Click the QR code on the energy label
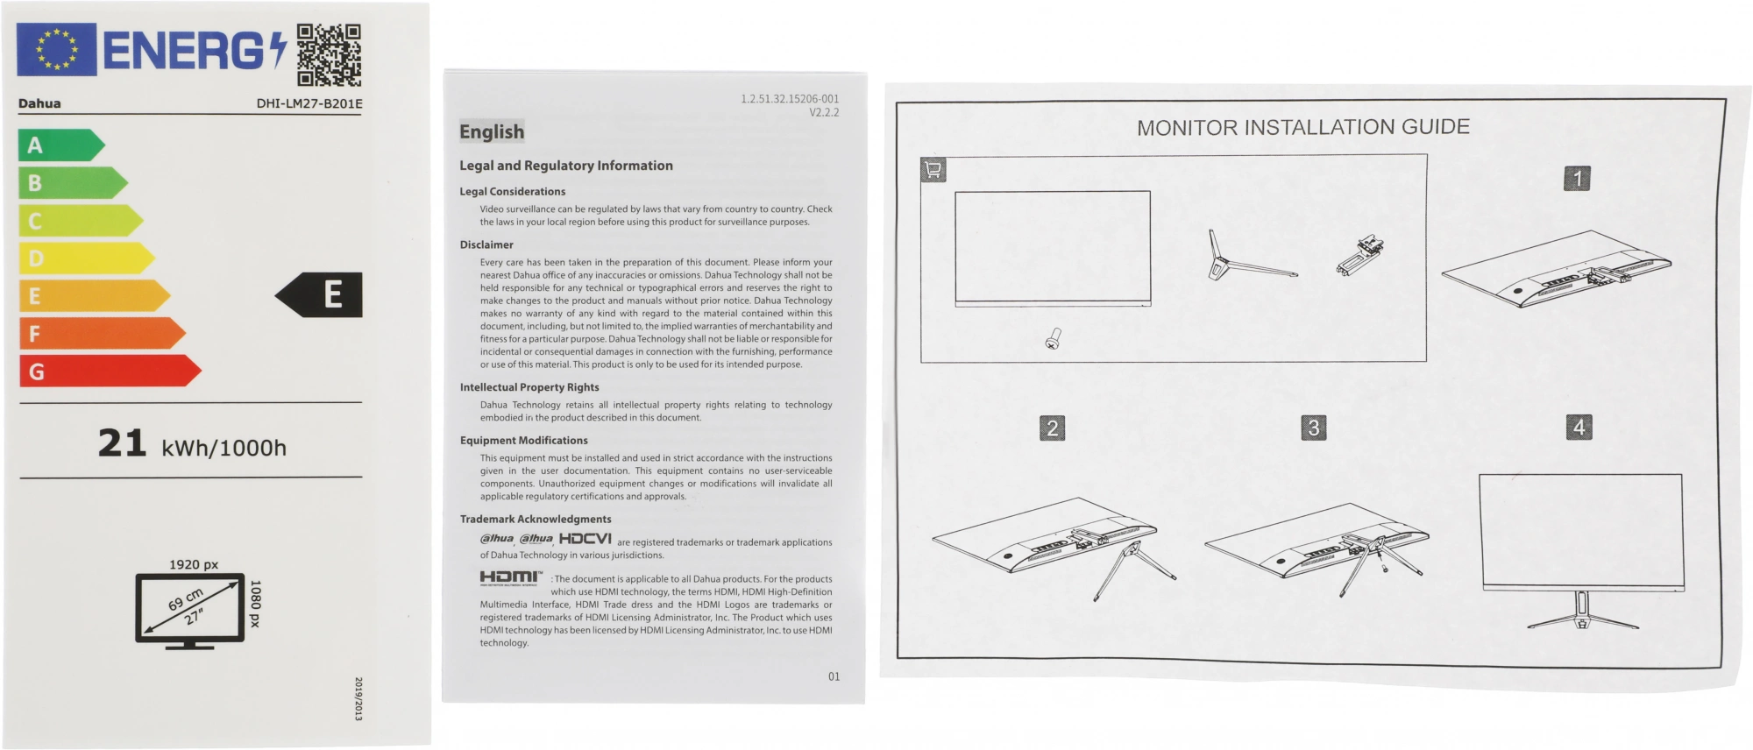point(329,54)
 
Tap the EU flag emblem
point(56,49)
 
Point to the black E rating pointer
point(320,295)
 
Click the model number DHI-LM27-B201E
point(309,103)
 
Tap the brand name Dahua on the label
point(39,103)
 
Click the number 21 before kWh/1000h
point(122,443)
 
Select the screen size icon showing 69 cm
point(189,609)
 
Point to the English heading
point(492,131)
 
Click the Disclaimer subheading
point(486,244)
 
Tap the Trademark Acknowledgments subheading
point(536,519)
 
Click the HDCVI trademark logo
point(585,539)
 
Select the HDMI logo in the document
point(511,577)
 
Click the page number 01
point(834,676)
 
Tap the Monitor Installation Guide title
point(1302,127)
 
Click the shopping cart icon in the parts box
point(933,170)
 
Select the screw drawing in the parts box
point(1054,339)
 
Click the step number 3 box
point(1313,428)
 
